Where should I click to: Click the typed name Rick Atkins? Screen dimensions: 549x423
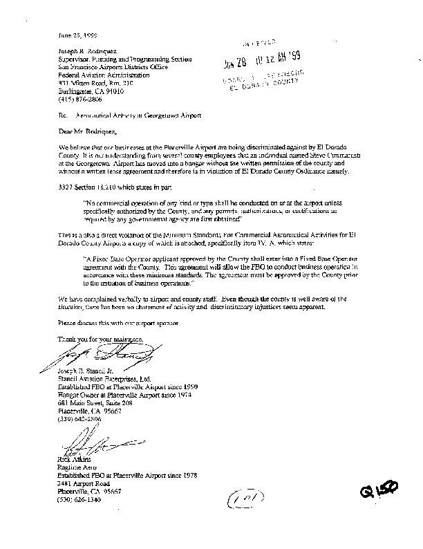pos(70,458)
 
